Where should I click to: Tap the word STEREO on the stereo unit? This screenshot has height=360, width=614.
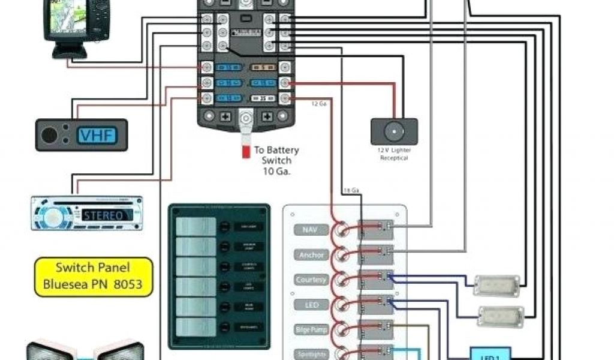(x=103, y=215)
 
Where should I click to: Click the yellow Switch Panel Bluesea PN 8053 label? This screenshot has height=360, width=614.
(x=92, y=275)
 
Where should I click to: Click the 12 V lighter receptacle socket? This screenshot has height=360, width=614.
(x=393, y=131)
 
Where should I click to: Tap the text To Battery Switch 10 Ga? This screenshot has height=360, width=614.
(x=276, y=160)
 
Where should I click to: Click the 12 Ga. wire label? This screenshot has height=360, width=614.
(x=318, y=104)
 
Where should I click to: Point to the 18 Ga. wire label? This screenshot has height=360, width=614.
(x=351, y=191)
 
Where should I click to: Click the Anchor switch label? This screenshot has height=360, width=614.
(x=311, y=255)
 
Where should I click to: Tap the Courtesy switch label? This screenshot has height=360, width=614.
(x=311, y=280)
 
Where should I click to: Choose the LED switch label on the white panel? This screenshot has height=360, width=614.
(x=311, y=305)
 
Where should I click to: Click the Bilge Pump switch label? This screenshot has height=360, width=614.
(x=311, y=329)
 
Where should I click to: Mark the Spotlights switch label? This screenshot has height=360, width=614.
(x=311, y=353)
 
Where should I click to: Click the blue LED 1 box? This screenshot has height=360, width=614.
(x=490, y=354)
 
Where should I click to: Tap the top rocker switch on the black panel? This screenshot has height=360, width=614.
(x=195, y=226)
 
